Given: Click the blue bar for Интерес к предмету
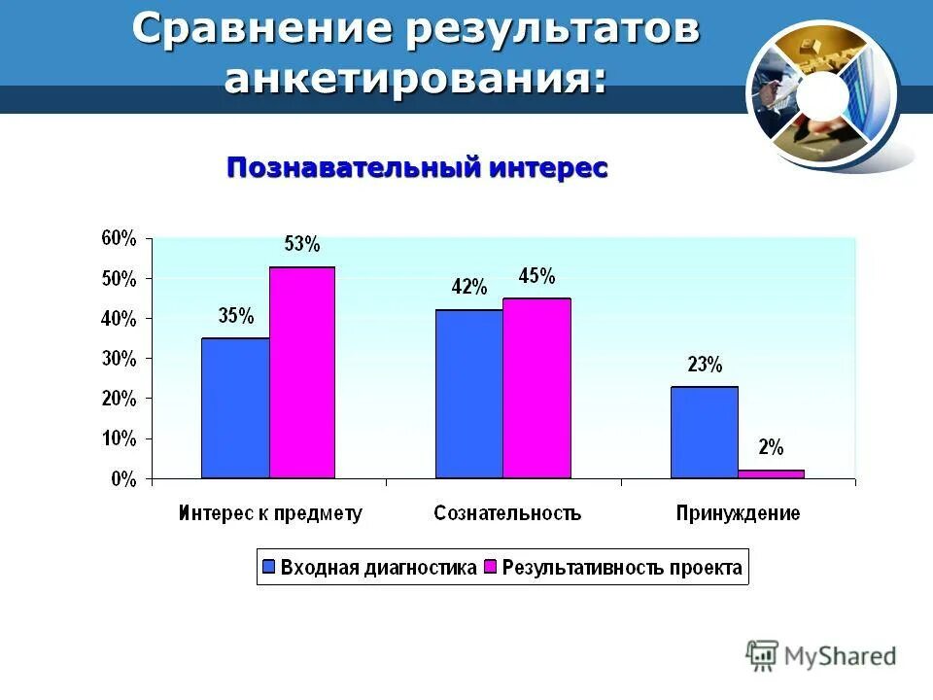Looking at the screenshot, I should click(235, 408).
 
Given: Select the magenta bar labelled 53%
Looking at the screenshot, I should click(302, 372).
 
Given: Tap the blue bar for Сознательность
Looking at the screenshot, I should click(469, 394).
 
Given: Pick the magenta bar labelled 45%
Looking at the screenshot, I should click(536, 388).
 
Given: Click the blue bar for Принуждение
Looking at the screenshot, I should click(704, 433).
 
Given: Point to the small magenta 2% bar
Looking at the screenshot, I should click(771, 473).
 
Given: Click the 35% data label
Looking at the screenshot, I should click(236, 316).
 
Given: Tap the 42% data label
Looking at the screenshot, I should click(468, 287).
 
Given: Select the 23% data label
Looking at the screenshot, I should click(705, 366).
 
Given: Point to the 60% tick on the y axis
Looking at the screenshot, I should click(121, 238).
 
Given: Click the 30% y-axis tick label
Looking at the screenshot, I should click(121, 359).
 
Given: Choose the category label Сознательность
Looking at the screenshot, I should click(507, 513).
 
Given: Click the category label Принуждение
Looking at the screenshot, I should click(739, 513).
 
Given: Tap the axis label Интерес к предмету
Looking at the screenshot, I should click(270, 513).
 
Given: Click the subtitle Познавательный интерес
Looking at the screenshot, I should click(417, 167).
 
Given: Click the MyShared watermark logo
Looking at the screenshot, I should click(821, 656).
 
